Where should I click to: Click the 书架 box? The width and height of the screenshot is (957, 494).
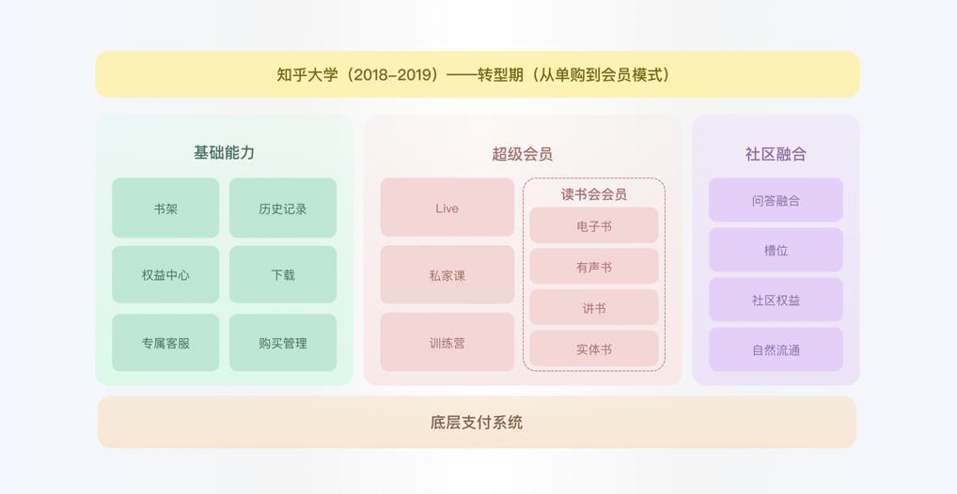(x=165, y=208)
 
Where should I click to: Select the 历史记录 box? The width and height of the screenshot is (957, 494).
(x=283, y=208)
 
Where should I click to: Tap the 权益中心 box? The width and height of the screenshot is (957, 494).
(x=165, y=275)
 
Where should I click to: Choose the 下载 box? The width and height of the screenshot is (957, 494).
(x=283, y=275)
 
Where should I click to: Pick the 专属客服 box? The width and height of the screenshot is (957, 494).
(x=165, y=343)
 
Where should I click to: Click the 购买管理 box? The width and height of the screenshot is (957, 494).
(x=283, y=343)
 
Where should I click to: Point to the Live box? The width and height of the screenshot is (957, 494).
(x=447, y=208)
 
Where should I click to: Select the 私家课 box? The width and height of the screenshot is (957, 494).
(x=447, y=275)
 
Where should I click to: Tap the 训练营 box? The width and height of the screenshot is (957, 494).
(x=447, y=343)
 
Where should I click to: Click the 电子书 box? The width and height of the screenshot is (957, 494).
(x=594, y=226)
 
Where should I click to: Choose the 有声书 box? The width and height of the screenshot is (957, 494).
(x=594, y=267)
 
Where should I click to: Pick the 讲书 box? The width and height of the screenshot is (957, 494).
(x=594, y=308)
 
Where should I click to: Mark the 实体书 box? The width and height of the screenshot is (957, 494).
(x=594, y=349)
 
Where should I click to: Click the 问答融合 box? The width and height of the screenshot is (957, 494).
(x=776, y=200)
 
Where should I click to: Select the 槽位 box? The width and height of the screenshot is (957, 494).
(x=776, y=250)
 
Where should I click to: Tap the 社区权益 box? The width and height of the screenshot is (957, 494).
(x=776, y=300)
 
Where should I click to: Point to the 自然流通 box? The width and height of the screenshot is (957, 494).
(x=776, y=349)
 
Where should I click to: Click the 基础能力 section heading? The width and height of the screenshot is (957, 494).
(x=224, y=152)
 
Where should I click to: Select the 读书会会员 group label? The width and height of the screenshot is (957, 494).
(x=594, y=193)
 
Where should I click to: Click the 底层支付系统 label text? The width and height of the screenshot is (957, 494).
(x=477, y=423)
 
